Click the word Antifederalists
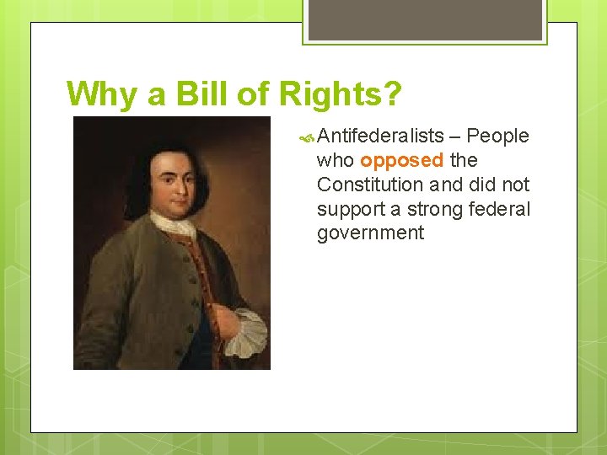(380, 136)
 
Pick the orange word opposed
(401, 160)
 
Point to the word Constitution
(375, 185)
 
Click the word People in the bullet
(497, 136)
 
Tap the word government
(371, 233)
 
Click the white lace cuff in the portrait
(247, 332)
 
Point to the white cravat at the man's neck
(174, 224)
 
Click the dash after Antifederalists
(455, 136)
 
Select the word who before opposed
(336, 160)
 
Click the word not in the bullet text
(515, 185)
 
